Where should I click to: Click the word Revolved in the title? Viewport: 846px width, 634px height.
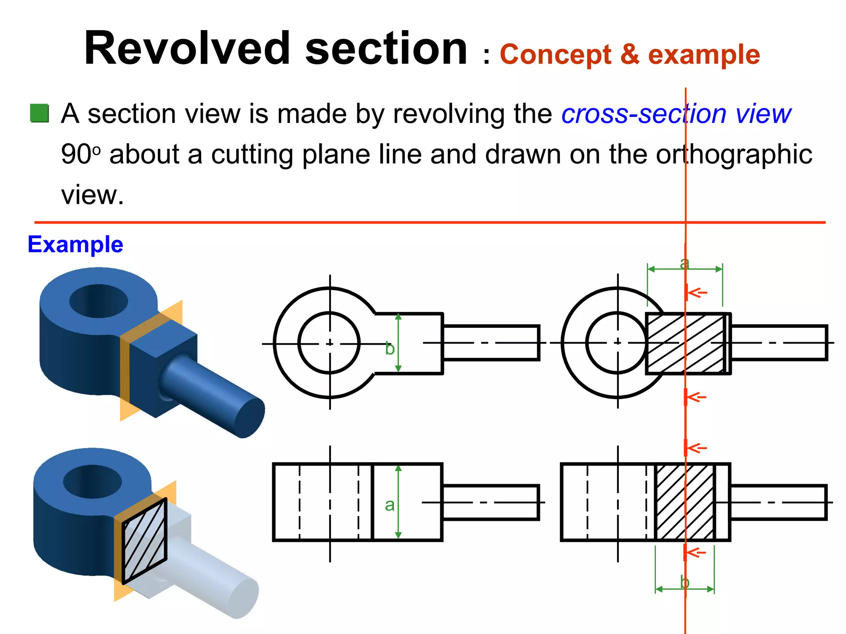[x=187, y=49]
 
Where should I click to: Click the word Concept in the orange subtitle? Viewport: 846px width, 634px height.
[x=555, y=55]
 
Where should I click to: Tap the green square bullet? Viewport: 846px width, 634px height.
[x=40, y=114]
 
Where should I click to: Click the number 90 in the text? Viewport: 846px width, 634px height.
[x=76, y=154]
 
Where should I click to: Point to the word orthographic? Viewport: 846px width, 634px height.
[x=734, y=154]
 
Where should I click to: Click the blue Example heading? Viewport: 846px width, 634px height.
[x=75, y=244]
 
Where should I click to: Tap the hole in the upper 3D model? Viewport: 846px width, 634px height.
[x=98, y=301]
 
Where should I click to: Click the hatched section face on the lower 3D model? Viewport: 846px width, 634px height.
[x=145, y=541]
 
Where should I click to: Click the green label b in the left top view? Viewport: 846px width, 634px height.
[x=390, y=349]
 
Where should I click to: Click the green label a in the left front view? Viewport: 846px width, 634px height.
[x=390, y=505]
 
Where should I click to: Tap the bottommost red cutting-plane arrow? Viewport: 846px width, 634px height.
[x=697, y=552]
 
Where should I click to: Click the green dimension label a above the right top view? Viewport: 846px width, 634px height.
[x=684, y=263]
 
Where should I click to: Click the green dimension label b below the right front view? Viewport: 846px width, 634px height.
[x=684, y=582]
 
